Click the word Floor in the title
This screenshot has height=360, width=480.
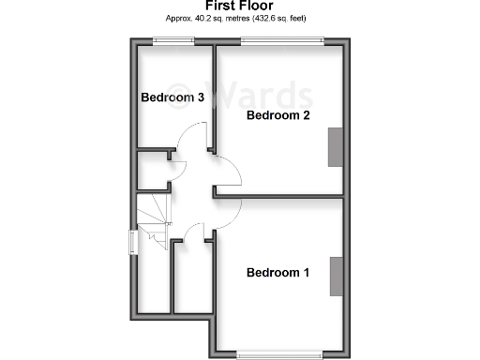click(x=257, y=6)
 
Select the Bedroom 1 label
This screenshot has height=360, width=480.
click(x=277, y=273)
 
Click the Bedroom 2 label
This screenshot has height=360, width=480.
click(x=277, y=115)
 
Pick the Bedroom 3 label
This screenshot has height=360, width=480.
click(x=172, y=97)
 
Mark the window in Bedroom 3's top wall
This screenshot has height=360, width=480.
click(x=174, y=40)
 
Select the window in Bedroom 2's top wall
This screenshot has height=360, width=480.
click(x=282, y=40)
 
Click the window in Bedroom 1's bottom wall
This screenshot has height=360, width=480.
click(x=279, y=353)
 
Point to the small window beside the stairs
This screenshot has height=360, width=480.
click(x=133, y=242)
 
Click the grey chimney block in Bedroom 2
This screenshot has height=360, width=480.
click(x=334, y=148)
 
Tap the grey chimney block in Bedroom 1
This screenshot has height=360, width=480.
click(x=334, y=275)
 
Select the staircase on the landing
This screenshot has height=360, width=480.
click(x=153, y=222)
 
